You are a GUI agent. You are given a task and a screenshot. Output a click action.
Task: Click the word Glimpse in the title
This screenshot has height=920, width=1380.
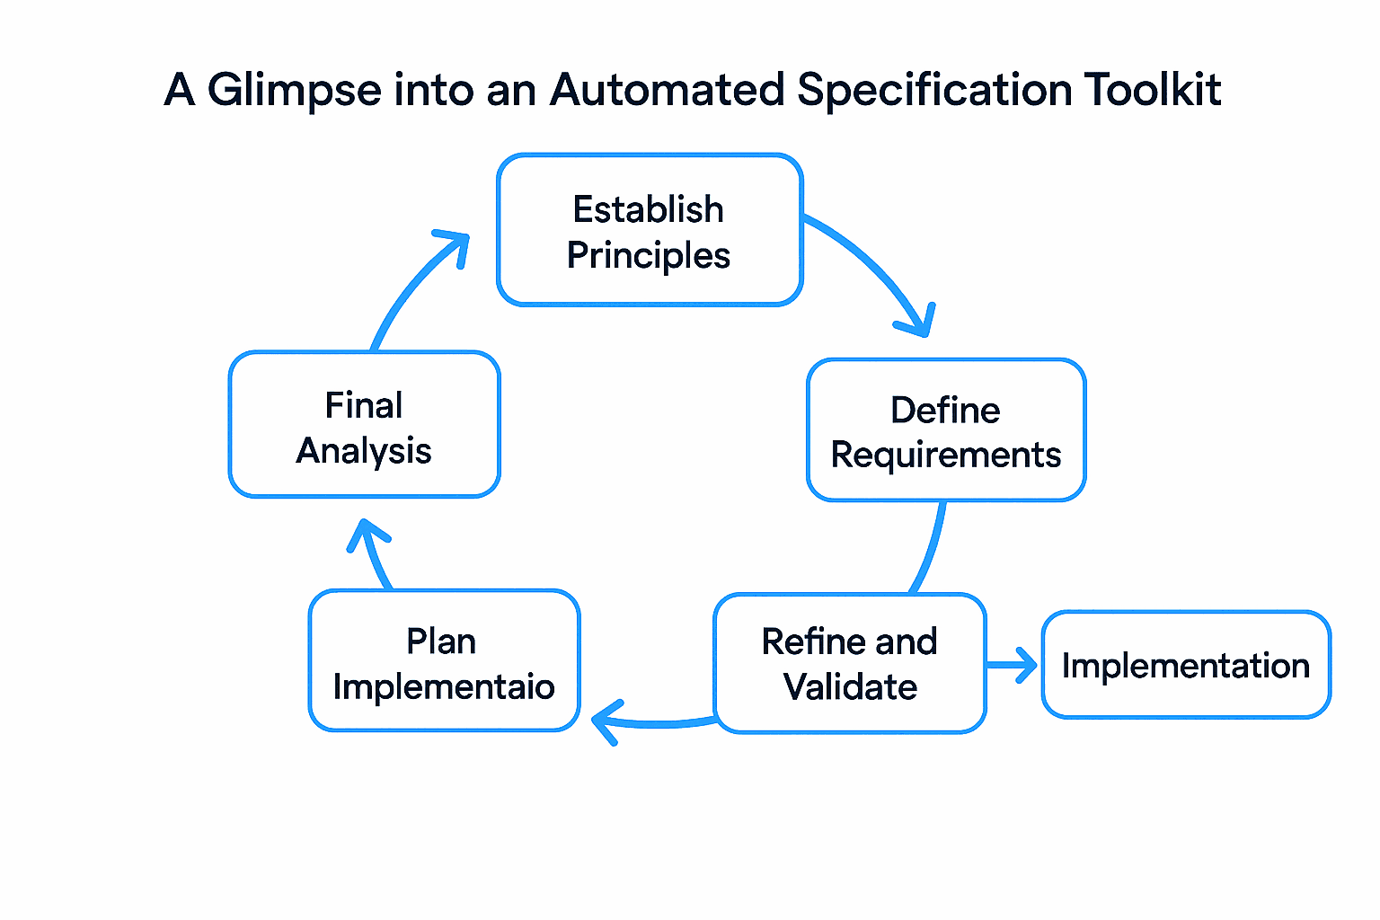295,91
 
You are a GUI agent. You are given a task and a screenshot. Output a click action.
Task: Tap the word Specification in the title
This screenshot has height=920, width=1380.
934,91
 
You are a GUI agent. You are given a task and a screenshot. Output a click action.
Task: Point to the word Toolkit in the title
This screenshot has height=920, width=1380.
1152,91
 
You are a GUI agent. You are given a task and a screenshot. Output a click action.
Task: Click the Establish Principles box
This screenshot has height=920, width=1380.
649,230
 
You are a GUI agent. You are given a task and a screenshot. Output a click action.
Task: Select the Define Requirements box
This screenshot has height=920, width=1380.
946,430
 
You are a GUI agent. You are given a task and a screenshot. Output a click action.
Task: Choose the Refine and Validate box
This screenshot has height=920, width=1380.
850,663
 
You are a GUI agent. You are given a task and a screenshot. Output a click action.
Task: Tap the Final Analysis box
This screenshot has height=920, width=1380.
364,425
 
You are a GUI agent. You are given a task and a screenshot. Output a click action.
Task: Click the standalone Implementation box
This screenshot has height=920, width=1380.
1185,665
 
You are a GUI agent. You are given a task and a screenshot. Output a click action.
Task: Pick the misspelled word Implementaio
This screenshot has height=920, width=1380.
444,687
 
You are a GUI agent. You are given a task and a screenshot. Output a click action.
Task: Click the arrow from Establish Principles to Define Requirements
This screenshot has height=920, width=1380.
876,270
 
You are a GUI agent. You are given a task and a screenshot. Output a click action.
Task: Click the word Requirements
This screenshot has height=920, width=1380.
946,456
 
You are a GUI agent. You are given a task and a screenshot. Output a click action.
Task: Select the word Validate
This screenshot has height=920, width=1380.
850,687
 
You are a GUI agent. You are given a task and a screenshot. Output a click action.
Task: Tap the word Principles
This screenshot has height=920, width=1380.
649,256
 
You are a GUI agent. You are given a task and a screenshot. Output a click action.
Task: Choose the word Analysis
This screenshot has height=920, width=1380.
364,451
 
